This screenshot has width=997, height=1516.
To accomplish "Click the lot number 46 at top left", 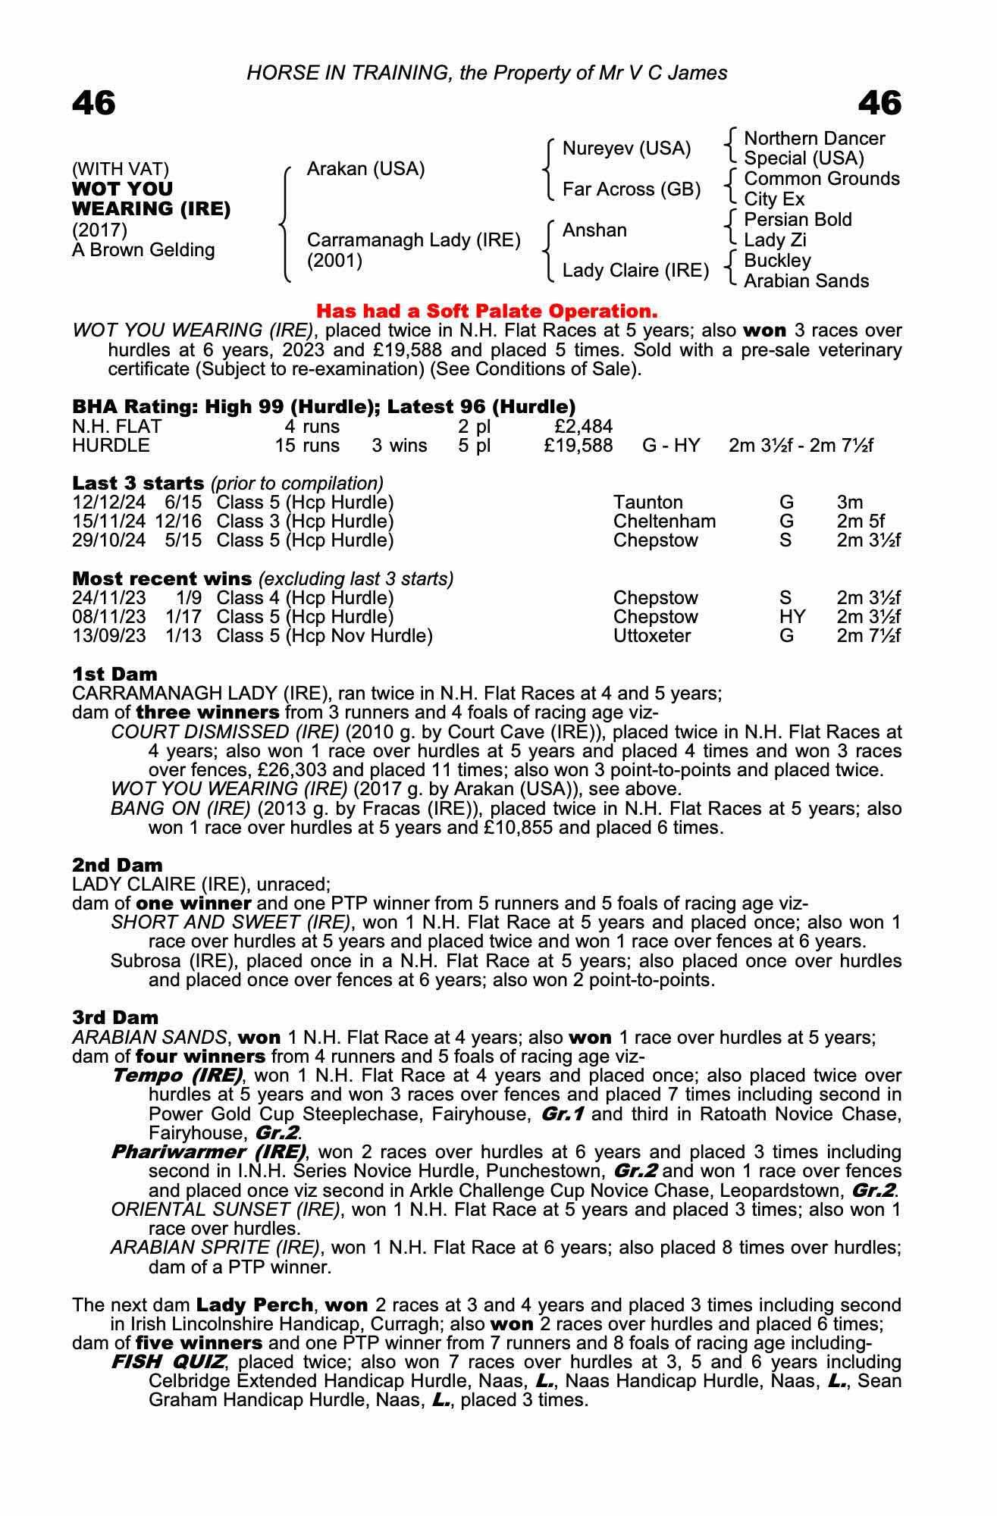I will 94,103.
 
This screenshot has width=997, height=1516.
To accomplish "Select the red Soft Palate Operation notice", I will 486,311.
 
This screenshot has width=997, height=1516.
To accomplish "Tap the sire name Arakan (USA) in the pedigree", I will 365,168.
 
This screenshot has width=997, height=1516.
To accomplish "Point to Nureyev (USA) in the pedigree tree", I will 626,149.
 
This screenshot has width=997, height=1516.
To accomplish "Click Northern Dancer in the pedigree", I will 814,139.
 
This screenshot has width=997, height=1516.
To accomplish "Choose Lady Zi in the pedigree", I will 775,240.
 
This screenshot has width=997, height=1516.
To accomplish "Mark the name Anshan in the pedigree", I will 594,230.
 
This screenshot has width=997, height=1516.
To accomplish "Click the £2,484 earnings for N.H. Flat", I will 584,427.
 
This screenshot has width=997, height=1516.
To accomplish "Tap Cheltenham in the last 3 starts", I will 664,522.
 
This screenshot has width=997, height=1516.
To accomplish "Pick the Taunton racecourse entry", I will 647,503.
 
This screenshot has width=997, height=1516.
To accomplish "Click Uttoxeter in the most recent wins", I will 652,636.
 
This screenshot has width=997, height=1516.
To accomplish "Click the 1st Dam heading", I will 115,674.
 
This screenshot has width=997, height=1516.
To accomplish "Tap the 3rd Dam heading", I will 115,1017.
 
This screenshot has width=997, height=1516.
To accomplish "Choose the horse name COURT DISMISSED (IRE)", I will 224,732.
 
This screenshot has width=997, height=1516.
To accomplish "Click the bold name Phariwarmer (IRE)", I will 208,1152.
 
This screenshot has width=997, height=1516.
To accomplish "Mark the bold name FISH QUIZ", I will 168,1362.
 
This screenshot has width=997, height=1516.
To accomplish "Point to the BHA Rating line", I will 324,407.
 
